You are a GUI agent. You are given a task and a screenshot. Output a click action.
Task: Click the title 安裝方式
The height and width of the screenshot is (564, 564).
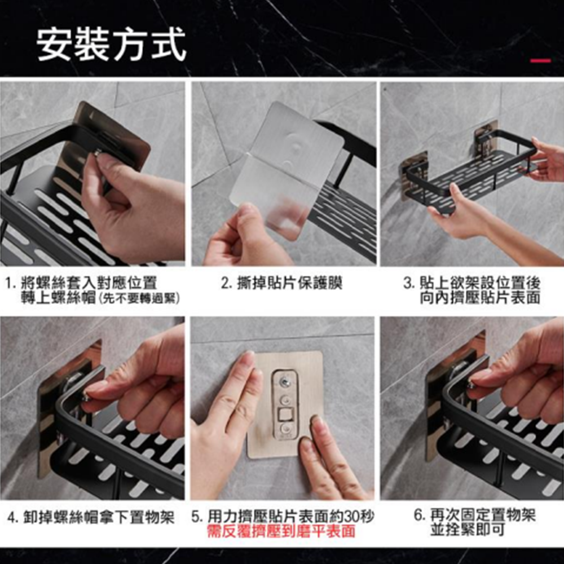point(111,45)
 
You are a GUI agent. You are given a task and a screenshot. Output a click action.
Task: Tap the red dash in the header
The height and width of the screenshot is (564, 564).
point(540,60)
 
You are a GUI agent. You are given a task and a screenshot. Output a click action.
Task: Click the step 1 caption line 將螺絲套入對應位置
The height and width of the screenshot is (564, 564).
point(89,283)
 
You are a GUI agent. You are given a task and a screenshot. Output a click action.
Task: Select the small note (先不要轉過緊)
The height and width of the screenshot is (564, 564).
point(138,298)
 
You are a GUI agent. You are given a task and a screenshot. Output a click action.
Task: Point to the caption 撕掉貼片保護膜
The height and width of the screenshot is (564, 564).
point(290,283)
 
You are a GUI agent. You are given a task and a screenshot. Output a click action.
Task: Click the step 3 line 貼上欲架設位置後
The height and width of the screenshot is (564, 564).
point(480,283)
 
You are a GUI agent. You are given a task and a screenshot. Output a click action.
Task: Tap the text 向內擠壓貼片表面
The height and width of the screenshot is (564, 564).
point(480,298)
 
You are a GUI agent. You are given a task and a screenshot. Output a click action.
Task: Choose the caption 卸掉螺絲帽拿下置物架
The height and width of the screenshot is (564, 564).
point(99,517)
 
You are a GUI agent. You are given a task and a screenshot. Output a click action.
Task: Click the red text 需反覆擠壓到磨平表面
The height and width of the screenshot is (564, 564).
point(281,531)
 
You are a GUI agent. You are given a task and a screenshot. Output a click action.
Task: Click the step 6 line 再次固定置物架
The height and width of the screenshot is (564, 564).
point(483,515)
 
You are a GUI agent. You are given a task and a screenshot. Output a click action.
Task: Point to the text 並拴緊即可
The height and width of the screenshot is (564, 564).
point(467,530)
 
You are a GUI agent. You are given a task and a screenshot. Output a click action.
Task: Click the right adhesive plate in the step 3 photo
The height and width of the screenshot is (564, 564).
point(486,139)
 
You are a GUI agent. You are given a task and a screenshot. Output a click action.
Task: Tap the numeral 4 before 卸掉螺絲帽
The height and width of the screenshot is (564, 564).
point(11,518)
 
